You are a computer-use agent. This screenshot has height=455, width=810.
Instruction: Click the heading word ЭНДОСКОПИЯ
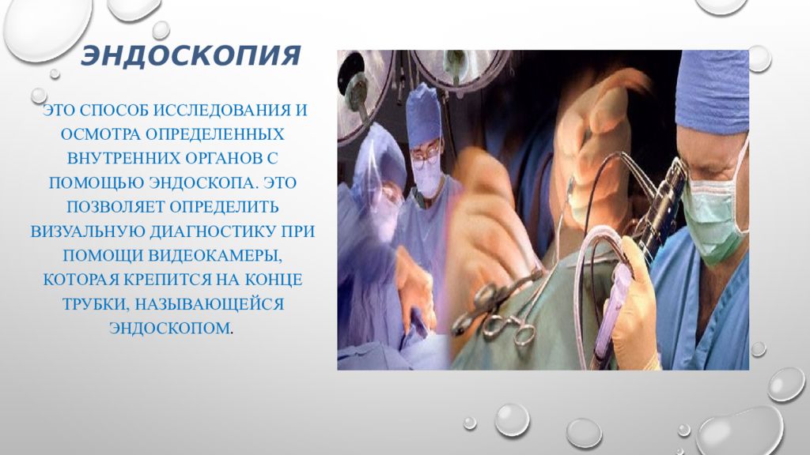click(x=191, y=57)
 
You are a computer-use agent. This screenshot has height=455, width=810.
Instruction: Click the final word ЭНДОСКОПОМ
click(x=169, y=327)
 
